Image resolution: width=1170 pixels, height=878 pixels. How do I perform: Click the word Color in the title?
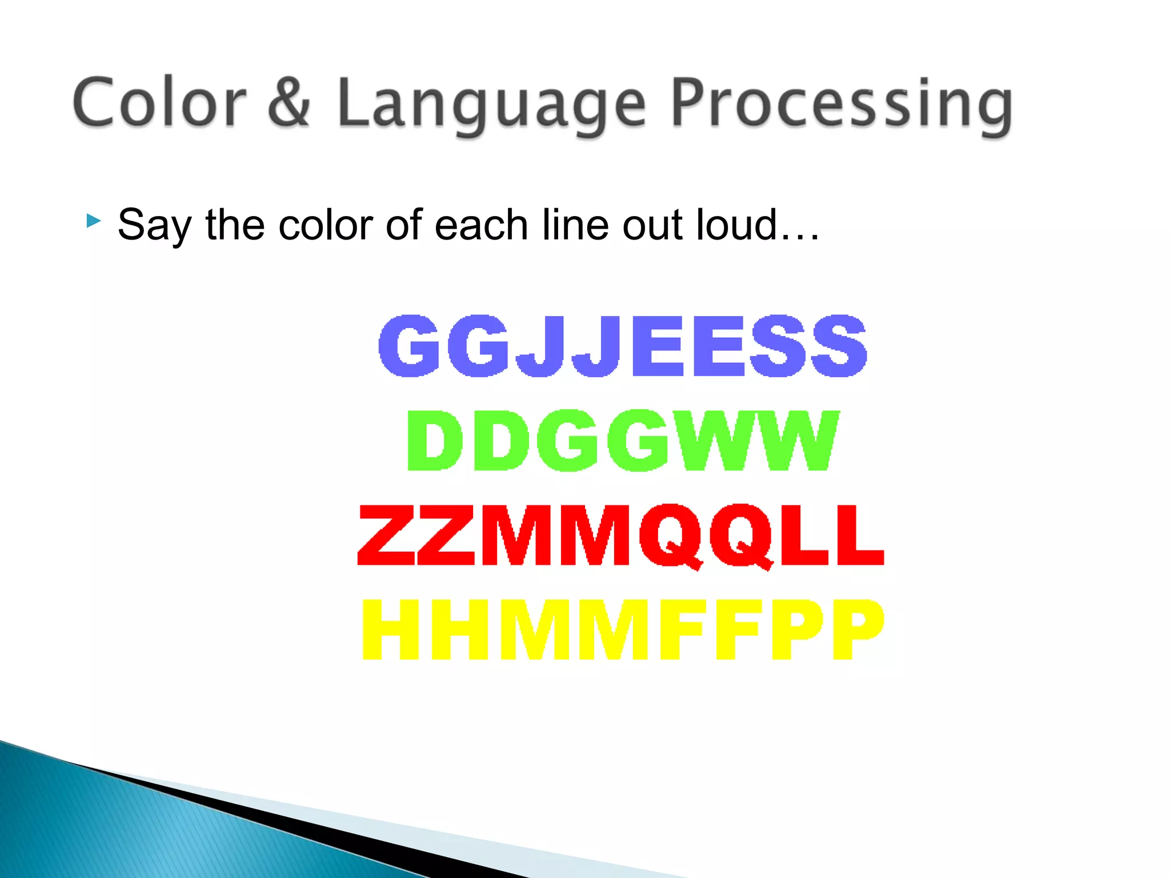click(160, 103)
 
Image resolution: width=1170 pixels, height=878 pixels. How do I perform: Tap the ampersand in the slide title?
click(289, 103)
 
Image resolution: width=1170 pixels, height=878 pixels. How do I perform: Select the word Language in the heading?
click(491, 106)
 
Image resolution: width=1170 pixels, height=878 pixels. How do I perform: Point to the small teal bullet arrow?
click(94, 221)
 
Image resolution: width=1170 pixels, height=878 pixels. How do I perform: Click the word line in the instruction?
click(575, 225)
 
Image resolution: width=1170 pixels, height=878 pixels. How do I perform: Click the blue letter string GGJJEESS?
click(623, 346)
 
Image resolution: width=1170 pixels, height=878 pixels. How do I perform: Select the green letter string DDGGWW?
click(623, 440)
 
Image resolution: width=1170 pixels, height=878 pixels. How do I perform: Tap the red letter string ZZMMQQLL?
click(621, 536)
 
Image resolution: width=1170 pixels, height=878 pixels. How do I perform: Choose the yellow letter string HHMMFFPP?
click(623, 630)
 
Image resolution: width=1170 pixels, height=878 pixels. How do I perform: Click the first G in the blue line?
click(408, 346)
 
